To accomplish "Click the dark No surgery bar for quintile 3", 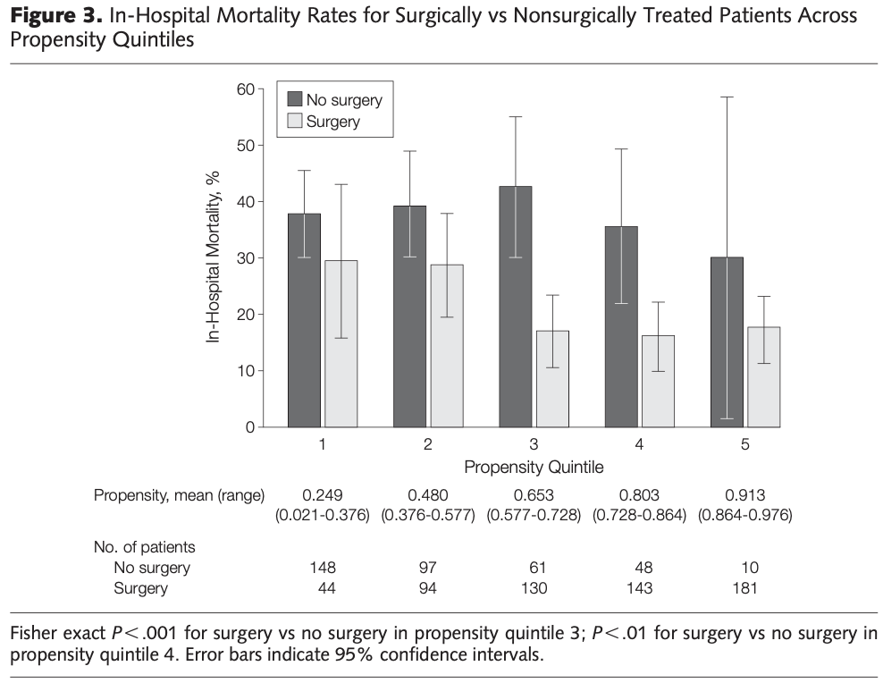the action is [x=516, y=307].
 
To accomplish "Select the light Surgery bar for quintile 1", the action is [x=341, y=343].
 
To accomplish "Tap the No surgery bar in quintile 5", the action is [x=727, y=341].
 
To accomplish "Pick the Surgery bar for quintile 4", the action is [x=659, y=381].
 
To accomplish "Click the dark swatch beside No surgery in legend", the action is [x=295, y=99].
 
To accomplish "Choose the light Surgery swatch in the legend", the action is [x=295, y=121].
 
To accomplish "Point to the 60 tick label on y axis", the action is [x=246, y=89].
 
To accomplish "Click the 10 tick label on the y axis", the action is [x=246, y=370].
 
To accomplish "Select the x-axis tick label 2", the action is [x=428, y=444].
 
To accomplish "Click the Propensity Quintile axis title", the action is [x=534, y=467].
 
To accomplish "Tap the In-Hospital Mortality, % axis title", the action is [x=213, y=257].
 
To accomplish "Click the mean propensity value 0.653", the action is [x=534, y=495].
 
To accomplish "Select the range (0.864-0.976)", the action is [x=745, y=515].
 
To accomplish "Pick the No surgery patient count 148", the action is [x=323, y=568].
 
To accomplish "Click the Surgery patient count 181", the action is [x=744, y=588].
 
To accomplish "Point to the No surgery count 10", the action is [x=750, y=568].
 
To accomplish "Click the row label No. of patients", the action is [x=144, y=547].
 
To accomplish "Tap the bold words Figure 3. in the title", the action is [x=56, y=16].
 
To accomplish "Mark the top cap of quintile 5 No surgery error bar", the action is [x=727, y=97].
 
